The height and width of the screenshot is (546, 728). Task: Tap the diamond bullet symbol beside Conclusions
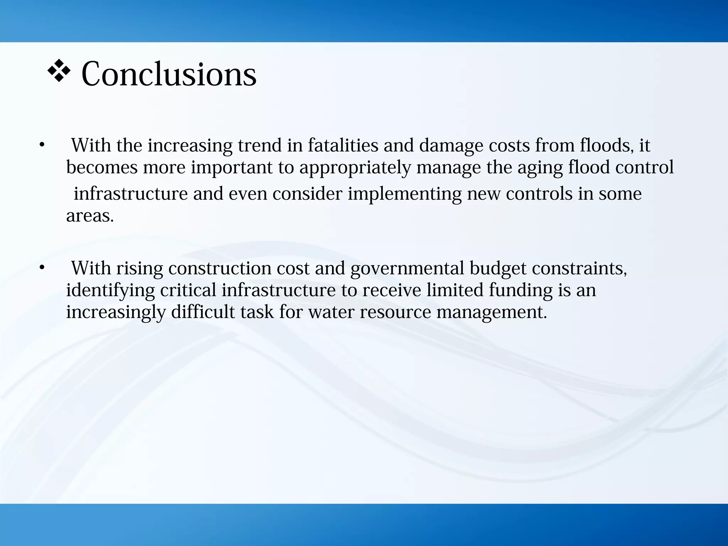tap(59, 71)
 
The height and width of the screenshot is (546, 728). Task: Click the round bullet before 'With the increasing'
tap(42, 145)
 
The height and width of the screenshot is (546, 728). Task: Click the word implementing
tap(404, 194)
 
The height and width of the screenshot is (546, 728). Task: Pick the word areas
tap(90, 216)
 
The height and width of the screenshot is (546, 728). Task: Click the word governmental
tap(407, 268)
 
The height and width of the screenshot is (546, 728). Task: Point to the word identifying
tap(110, 290)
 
